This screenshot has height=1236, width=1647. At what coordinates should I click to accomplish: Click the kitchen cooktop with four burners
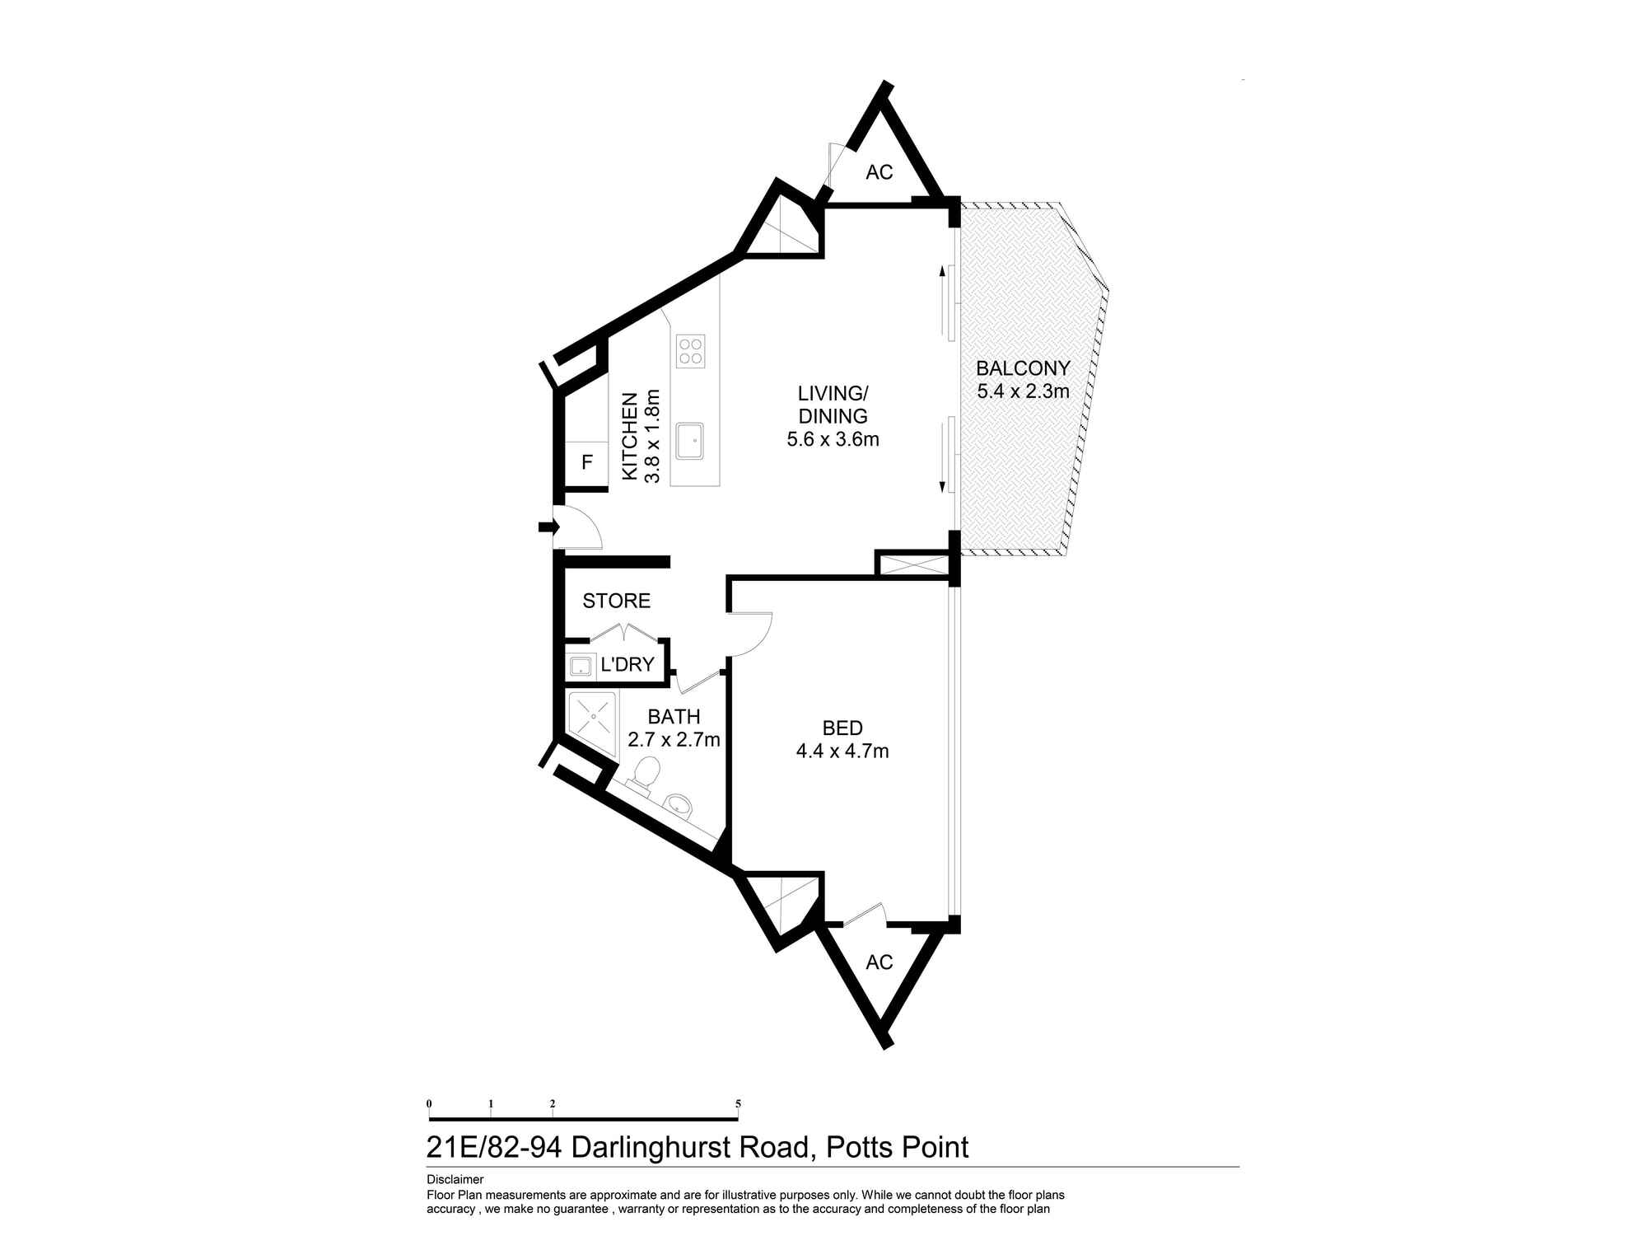[690, 351]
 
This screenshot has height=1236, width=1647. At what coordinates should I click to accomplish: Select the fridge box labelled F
[586, 463]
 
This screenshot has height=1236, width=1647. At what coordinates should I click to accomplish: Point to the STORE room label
[616, 602]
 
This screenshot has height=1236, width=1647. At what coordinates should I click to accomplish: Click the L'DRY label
[628, 664]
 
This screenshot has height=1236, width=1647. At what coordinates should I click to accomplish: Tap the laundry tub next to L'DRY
[581, 666]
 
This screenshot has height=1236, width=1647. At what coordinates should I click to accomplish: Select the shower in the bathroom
[592, 714]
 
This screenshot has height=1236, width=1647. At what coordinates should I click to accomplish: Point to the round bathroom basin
[679, 804]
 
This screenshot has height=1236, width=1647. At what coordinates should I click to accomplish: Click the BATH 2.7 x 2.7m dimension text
[674, 740]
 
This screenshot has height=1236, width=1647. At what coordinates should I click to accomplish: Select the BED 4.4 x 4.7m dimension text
[842, 751]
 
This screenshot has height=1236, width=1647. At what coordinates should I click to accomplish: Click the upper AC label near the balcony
[879, 173]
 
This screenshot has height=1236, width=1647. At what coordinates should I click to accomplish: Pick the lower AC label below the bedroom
[879, 962]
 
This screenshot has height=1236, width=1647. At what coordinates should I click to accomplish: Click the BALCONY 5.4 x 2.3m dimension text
[1023, 391]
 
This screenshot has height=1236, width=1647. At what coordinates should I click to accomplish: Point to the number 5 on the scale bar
[738, 1103]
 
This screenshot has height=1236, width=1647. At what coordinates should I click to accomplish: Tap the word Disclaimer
[455, 1180]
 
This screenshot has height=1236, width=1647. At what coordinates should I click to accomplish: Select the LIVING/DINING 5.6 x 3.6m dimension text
[833, 439]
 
